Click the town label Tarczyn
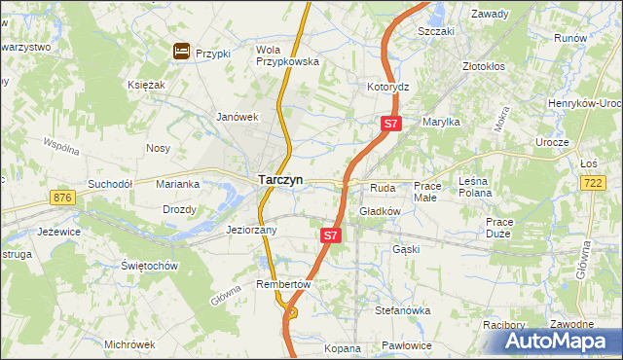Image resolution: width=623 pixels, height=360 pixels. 279,180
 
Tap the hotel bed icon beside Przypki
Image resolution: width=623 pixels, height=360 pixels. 181,52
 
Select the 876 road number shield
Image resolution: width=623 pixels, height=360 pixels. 64,198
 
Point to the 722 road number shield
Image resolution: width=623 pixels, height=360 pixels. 592,182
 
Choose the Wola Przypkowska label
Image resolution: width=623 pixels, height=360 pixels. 287,54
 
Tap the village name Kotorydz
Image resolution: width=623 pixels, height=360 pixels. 387,87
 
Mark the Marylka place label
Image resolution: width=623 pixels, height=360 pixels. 440,122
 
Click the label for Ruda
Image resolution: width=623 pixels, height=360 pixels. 381,187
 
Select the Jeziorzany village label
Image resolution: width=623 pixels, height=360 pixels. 251,231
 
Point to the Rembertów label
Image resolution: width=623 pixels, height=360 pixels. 282,284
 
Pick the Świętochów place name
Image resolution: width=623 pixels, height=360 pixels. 149,266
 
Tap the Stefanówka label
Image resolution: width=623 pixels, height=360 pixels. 402,310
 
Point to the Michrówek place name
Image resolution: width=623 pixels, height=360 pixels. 129,344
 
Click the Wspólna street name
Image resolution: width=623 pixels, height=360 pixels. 60,147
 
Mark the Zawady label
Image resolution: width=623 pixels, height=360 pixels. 491,15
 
